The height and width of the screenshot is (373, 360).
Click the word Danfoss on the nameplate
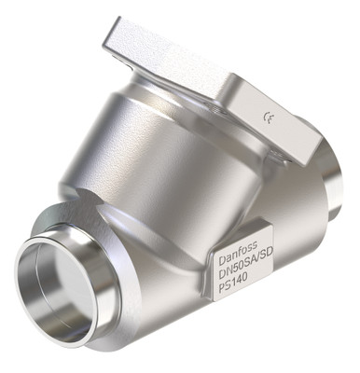[237, 253]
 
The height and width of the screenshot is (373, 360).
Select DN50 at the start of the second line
[228, 267]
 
